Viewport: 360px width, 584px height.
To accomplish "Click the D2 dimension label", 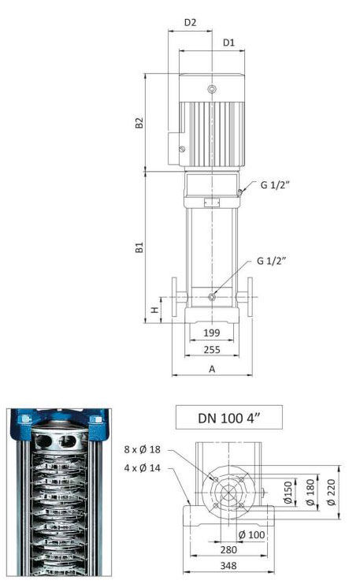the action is (190, 23).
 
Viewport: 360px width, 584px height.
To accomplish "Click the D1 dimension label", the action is (228, 43).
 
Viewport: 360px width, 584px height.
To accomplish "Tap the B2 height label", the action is (139, 123).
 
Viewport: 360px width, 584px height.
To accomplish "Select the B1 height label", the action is (139, 247).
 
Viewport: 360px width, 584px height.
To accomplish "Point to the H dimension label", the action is (154, 310).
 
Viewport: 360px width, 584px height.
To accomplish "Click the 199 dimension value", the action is (211, 333).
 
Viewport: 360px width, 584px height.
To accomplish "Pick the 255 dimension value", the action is (211, 350).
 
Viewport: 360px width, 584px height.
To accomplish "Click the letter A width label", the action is (212, 369).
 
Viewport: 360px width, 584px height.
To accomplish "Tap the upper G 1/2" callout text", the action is (275, 185).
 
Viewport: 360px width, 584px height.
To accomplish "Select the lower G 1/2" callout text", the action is (272, 261).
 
